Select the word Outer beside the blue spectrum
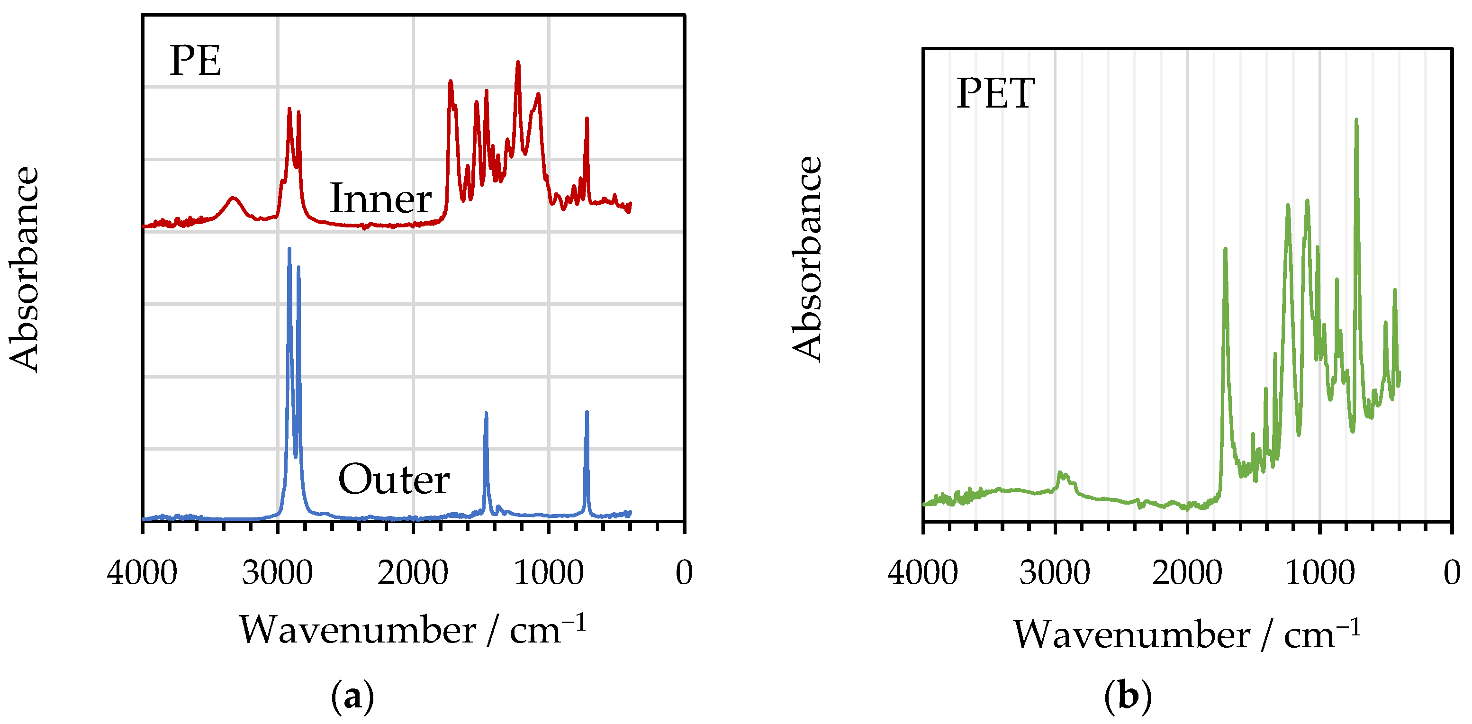click(x=394, y=480)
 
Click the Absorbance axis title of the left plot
click(x=25, y=269)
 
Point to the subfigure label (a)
click(x=352, y=696)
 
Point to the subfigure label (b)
click(x=1128, y=696)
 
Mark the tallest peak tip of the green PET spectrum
click(x=1356, y=120)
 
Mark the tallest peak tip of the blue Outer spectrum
click(x=289, y=249)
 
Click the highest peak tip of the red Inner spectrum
click(x=518, y=62)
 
